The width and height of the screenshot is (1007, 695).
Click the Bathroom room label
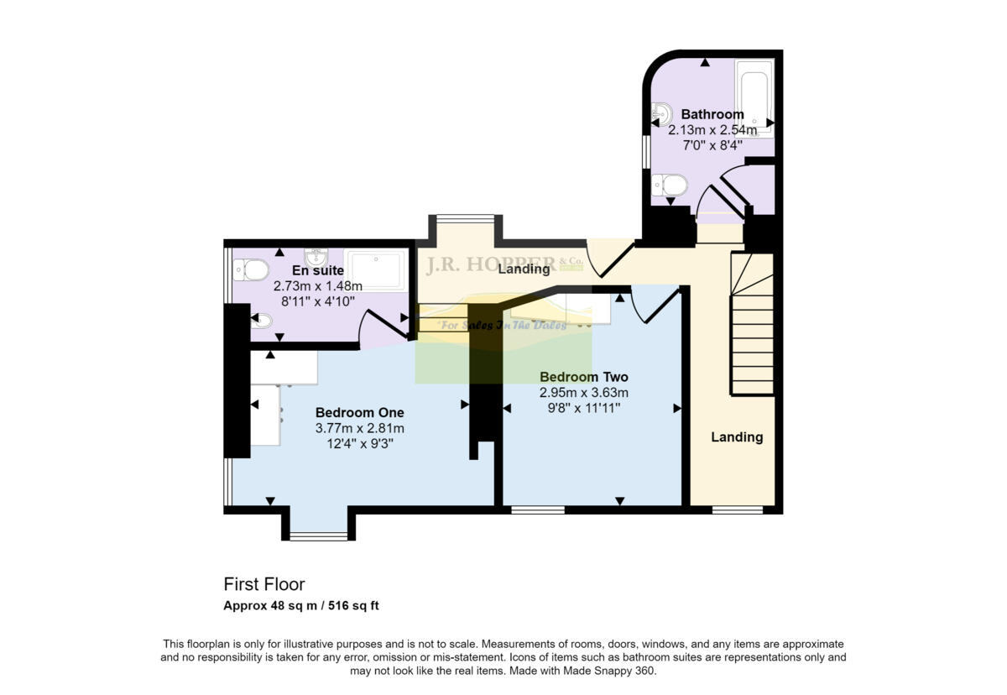(712, 114)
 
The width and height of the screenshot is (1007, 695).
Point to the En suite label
(317, 270)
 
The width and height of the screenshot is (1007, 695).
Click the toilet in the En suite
(251, 269)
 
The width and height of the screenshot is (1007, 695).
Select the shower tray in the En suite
(375, 269)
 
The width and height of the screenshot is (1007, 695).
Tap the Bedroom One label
(359, 413)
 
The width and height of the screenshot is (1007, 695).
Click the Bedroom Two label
(583, 377)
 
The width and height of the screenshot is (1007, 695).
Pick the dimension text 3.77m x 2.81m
(359, 428)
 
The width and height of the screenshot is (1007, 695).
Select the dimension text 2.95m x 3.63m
(583, 392)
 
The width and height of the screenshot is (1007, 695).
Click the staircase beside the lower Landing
(752, 327)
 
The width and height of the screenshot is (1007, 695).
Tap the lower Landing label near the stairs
(737, 437)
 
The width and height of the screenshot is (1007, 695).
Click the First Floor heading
(263, 584)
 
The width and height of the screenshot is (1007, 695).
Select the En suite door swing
(379, 326)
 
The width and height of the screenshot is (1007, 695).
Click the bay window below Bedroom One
(318, 535)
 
